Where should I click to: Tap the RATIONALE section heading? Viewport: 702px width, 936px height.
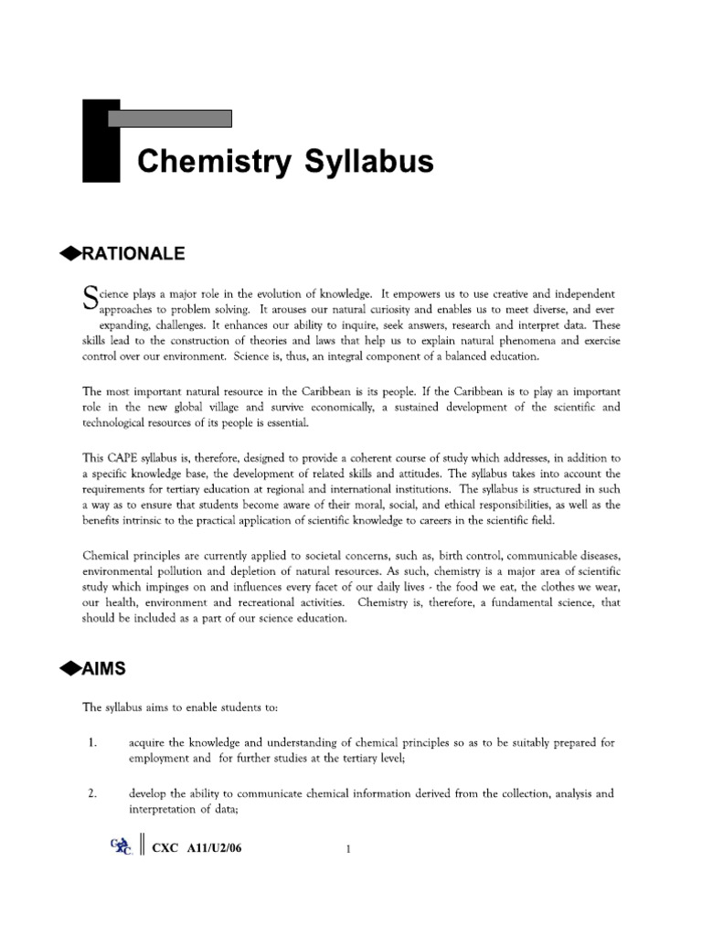133,252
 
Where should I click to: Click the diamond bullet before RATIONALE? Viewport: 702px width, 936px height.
69,253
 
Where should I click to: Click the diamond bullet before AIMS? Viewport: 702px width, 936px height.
69,669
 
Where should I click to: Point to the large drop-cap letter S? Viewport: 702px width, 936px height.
90,298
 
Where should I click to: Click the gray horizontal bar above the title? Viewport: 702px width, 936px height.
169,118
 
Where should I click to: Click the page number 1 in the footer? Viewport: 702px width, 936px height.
349,850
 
